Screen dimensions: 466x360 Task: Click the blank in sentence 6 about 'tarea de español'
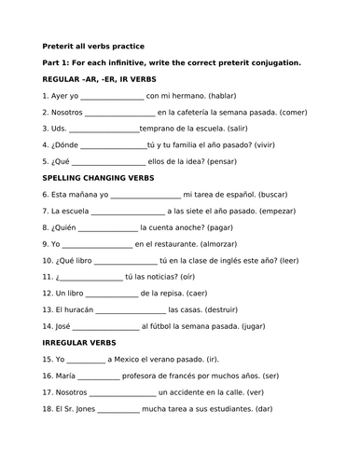tap(145, 194)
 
